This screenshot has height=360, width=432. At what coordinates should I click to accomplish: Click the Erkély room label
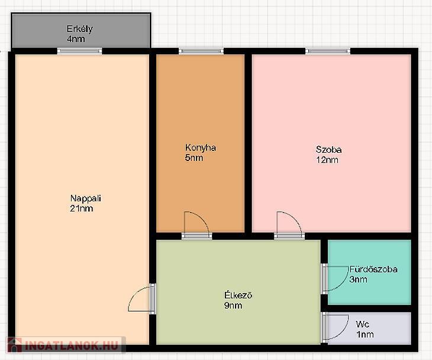point(80,29)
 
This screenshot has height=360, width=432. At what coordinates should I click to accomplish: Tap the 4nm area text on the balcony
point(76,39)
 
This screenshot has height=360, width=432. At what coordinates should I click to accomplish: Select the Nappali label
point(86,198)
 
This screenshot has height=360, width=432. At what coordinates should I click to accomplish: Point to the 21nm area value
point(82,208)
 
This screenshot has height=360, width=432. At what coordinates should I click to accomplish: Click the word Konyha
point(201,148)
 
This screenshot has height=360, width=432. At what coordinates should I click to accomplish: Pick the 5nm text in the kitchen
point(194,158)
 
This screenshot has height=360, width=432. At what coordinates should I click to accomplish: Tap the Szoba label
point(328,150)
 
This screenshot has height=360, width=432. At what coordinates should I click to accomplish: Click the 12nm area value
point(327,160)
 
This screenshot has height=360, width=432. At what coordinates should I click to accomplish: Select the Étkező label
point(238,295)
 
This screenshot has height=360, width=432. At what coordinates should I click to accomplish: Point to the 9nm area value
point(233,306)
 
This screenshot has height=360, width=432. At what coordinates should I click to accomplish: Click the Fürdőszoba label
point(373,269)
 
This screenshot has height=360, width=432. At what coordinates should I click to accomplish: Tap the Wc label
point(362,324)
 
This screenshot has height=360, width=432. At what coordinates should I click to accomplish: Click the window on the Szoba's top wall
point(328,51)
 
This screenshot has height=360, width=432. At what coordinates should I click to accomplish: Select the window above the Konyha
point(201,51)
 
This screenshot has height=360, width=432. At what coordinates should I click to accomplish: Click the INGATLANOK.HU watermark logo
point(66,345)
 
